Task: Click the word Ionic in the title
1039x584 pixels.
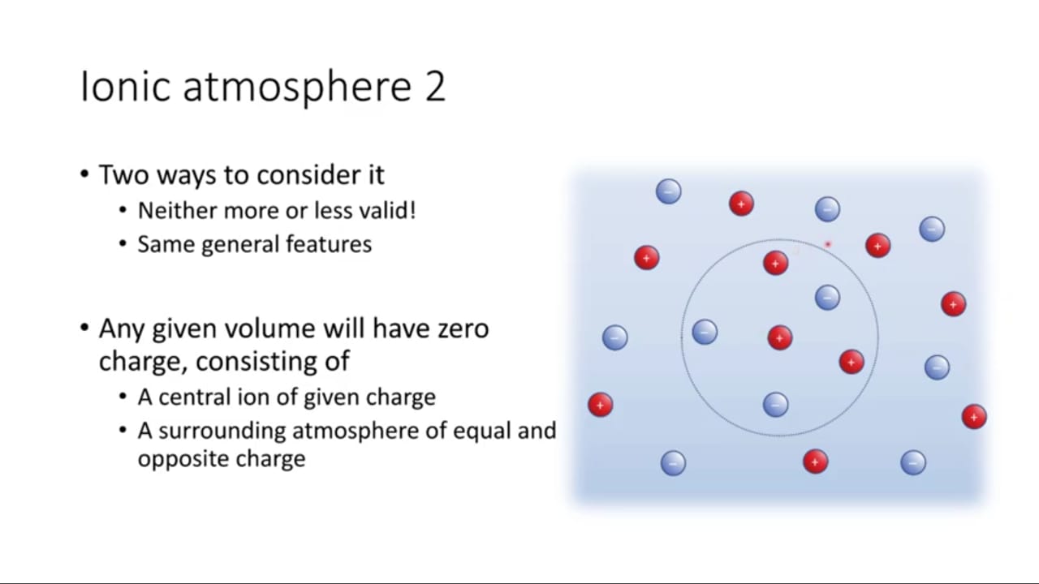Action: [x=125, y=86]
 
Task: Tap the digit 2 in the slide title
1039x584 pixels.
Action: [x=435, y=86]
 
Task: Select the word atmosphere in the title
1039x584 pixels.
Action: [x=297, y=88]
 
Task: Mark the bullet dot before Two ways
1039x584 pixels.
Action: [x=84, y=174]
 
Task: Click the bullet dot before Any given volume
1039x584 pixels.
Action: [x=84, y=328]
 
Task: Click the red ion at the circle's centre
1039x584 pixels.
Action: [x=780, y=337]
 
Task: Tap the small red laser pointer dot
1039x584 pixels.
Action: [x=828, y=244]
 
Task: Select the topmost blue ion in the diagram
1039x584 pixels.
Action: [x=668, y=191]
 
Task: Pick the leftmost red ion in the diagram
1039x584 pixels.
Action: [x=600, y=405]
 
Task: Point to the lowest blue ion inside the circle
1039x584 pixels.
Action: [x=775, y=405]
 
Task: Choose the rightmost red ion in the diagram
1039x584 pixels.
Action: [x=974, y=417]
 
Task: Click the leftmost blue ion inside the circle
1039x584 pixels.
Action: [x=705, y=332]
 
